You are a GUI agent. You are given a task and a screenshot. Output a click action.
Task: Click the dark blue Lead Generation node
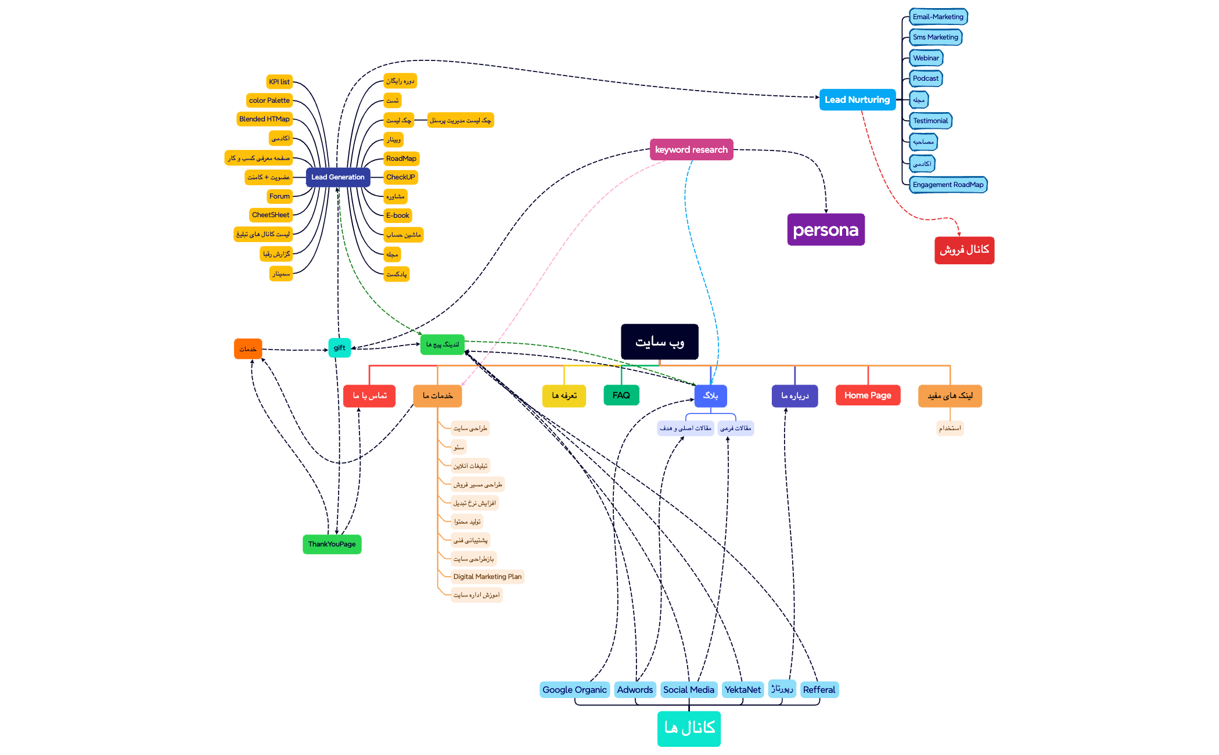(337, 177)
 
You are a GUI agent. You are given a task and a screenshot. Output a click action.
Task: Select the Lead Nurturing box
(857, 100)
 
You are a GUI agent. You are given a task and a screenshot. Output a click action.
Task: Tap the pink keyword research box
(691, 150)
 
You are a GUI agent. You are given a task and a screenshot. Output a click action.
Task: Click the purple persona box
(825, 230)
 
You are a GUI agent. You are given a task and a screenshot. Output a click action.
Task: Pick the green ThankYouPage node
(332, 544)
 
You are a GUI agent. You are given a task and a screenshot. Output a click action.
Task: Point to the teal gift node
(339, 348)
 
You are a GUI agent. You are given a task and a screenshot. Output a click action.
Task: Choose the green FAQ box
(621, 396)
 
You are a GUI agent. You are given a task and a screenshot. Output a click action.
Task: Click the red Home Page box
(868, 396)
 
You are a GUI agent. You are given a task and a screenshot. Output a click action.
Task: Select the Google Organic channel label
(574, 690)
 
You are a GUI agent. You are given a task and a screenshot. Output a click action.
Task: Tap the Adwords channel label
(635, 690)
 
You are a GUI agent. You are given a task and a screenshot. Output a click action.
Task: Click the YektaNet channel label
(742, 690)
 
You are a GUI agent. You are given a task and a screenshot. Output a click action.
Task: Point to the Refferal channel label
(819, 690)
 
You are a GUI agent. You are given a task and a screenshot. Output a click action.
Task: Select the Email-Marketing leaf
(938, 17)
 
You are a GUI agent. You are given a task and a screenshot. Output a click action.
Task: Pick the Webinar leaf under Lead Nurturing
(926, 58)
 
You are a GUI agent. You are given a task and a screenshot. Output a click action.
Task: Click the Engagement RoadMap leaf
(948, 185)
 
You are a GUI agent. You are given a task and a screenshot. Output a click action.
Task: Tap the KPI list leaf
(279, 82)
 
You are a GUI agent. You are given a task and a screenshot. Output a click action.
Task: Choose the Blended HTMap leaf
(264, 119)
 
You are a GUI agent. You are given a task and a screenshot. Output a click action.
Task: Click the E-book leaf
(398, 215)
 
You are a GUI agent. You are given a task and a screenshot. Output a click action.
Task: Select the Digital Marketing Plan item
(487, 577)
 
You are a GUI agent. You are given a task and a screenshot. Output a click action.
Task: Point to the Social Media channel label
(688, 690)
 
